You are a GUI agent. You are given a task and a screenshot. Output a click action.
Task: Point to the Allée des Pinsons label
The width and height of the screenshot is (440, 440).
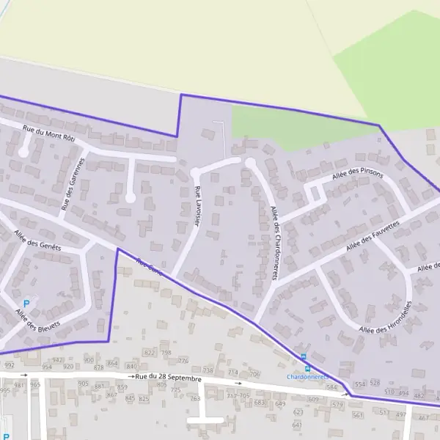(357, 173)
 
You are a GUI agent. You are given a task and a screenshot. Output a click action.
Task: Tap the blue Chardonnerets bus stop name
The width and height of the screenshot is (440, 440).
(307, 377)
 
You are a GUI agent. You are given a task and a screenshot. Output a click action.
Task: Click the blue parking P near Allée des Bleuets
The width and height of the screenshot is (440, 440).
(27, 304)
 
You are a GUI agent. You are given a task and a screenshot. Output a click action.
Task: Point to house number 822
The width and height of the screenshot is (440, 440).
(150, 353)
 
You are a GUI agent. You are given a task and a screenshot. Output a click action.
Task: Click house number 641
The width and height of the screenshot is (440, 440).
(297, 425)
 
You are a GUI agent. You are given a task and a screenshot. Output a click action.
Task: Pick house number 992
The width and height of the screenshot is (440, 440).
(9, 365)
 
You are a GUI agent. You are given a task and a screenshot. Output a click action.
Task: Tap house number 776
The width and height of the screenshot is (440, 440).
(183, 361)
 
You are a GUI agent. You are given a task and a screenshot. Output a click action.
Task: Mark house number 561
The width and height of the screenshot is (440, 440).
(358, 415)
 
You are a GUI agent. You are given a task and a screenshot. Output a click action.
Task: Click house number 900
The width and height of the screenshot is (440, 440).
(89, 361)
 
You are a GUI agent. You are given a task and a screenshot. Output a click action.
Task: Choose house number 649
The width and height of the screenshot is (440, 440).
(279, 403)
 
